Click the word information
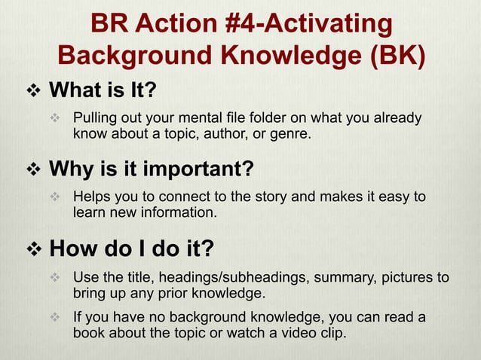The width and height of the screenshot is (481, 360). pos(176,212)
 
